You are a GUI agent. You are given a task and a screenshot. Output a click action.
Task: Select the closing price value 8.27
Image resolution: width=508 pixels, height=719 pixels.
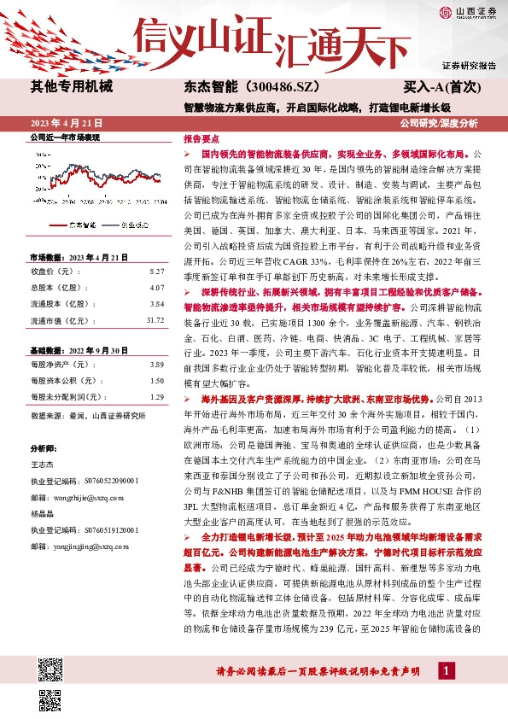[x=156, y=271]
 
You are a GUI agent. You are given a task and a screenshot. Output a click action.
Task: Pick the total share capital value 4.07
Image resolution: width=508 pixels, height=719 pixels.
[x=156, y=287]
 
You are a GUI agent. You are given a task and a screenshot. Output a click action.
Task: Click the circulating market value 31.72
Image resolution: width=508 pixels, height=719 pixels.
[x=155, y=320]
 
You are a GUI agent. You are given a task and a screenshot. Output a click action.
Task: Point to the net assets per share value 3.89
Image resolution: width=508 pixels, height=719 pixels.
[x=156, y=365]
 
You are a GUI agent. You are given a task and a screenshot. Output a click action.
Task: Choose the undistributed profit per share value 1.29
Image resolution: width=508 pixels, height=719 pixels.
[x=156, y=397]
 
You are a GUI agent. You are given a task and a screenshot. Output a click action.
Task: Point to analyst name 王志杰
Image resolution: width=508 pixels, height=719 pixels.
[x=42, y=463]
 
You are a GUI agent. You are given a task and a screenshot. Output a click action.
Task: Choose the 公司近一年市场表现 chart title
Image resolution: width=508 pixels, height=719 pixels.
[x=65, y=137]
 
